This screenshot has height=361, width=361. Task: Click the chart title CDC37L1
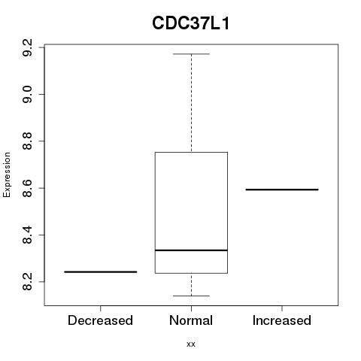point(191,23)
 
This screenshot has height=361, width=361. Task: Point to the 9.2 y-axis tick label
point(27,47)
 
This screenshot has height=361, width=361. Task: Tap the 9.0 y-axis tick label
point(27,94)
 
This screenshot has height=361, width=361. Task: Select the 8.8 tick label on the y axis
point(27,141)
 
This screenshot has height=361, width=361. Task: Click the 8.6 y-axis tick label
point(27,188)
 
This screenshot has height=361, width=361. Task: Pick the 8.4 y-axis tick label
point(27,235)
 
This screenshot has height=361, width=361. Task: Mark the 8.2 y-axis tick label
point(27,282)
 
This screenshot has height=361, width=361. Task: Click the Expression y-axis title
point(7,174)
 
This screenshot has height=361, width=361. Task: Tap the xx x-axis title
point(191,344)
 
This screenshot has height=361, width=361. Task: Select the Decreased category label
point(100,320)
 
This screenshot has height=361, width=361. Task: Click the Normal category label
point(191,320)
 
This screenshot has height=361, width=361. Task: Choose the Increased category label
point(282,320)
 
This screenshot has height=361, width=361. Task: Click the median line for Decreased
point(101,272)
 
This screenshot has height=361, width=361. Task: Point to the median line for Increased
point(282,190)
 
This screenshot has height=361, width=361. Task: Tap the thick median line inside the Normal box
point(191,250)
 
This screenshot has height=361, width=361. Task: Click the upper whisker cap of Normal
point(191,54)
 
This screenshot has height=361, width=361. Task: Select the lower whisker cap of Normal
point(191,296)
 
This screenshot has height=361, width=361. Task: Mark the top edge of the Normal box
point(191,152)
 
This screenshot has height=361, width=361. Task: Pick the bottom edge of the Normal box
point(191,273)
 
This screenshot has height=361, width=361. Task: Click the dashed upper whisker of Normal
point(192,103)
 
